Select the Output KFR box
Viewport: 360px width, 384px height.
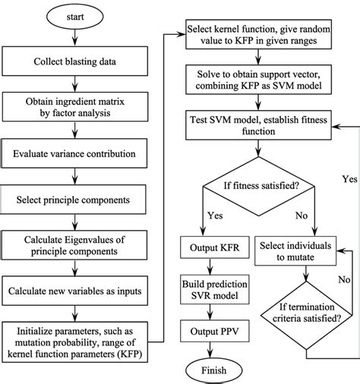[x=207, y=247]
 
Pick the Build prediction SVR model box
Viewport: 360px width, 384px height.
[x=207, y=290]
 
